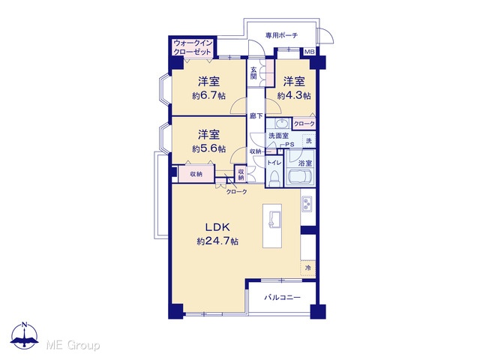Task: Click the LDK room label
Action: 217,227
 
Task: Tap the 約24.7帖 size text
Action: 217,241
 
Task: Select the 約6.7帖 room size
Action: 208,96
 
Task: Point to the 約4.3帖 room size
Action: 294,96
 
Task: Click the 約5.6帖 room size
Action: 208,148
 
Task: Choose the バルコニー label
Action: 283,297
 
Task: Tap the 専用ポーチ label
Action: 281,35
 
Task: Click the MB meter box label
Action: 309,52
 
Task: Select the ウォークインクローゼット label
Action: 192,47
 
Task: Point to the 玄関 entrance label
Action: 253,73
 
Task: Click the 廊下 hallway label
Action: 256,116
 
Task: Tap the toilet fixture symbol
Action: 274,178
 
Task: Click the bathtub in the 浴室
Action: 301,177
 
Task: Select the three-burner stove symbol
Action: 307,204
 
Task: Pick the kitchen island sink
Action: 273,220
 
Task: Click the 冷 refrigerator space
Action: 308,268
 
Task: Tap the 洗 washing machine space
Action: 309,141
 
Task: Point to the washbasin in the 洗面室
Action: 281,124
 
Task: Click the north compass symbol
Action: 25,336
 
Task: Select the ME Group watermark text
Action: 73,345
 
